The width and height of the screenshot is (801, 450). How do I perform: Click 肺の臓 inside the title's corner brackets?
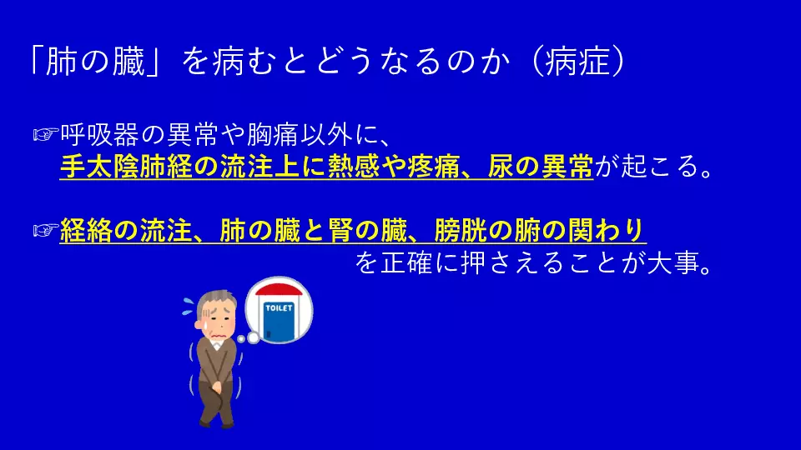(96, 62)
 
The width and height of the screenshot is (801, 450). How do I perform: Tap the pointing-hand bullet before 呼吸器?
(46, 135)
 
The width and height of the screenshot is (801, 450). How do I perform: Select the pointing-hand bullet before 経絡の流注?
(46, 231)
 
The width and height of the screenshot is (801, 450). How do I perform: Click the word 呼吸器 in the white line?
(99, 135)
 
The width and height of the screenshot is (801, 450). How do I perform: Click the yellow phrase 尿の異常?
(540, 167)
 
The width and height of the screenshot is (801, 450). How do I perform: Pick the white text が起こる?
(647, 167)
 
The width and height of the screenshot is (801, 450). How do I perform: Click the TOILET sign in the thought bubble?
(279, 308)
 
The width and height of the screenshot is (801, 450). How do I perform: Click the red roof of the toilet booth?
(279, 290)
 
